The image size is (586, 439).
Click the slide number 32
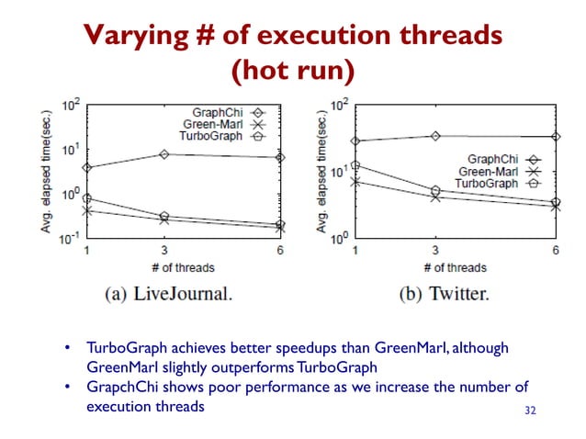528,409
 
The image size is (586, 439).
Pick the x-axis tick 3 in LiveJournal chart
163,251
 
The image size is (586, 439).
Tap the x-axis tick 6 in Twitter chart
556,251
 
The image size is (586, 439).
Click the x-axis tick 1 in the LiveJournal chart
86,251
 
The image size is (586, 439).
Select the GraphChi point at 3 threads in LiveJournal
163,153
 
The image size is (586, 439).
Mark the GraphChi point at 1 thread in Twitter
355,141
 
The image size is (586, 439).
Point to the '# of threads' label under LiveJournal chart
183,267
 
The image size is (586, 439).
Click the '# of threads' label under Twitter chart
456,267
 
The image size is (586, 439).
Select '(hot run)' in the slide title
293,70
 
